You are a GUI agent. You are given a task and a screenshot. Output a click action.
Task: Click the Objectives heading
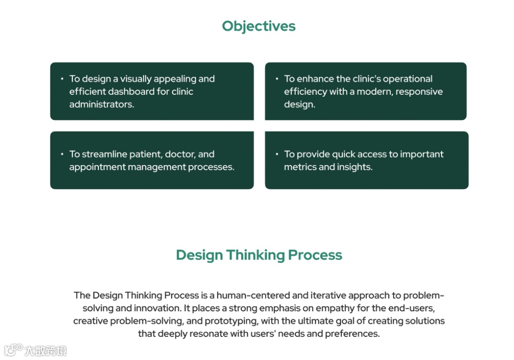tap(258, 26)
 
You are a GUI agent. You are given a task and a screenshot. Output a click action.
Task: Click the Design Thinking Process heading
tap(259, 255)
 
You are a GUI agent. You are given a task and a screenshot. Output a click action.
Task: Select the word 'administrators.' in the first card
tap(102, 104)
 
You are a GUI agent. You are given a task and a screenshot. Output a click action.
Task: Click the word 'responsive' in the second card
tap(418, 91)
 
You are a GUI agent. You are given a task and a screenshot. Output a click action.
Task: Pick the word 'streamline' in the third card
tap(104, 154)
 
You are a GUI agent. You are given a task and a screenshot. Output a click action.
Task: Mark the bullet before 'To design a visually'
tap(62, 79)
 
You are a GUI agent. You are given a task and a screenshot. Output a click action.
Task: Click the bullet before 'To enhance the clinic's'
tap(277, 79)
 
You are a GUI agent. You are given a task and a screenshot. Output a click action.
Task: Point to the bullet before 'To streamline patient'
tap(62, 154)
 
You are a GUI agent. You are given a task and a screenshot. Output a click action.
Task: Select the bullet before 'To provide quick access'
tap(277, 154)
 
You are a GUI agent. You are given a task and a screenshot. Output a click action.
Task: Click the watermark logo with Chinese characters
tap(35, 350)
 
